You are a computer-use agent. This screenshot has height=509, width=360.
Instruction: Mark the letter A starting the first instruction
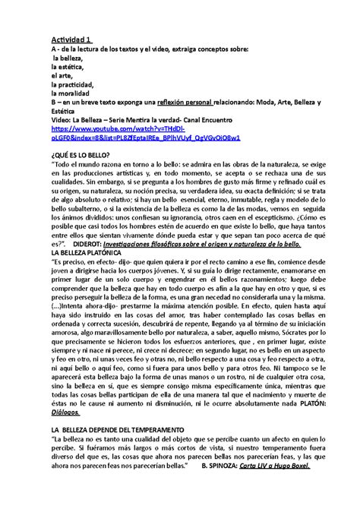click(x=53, y=49)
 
